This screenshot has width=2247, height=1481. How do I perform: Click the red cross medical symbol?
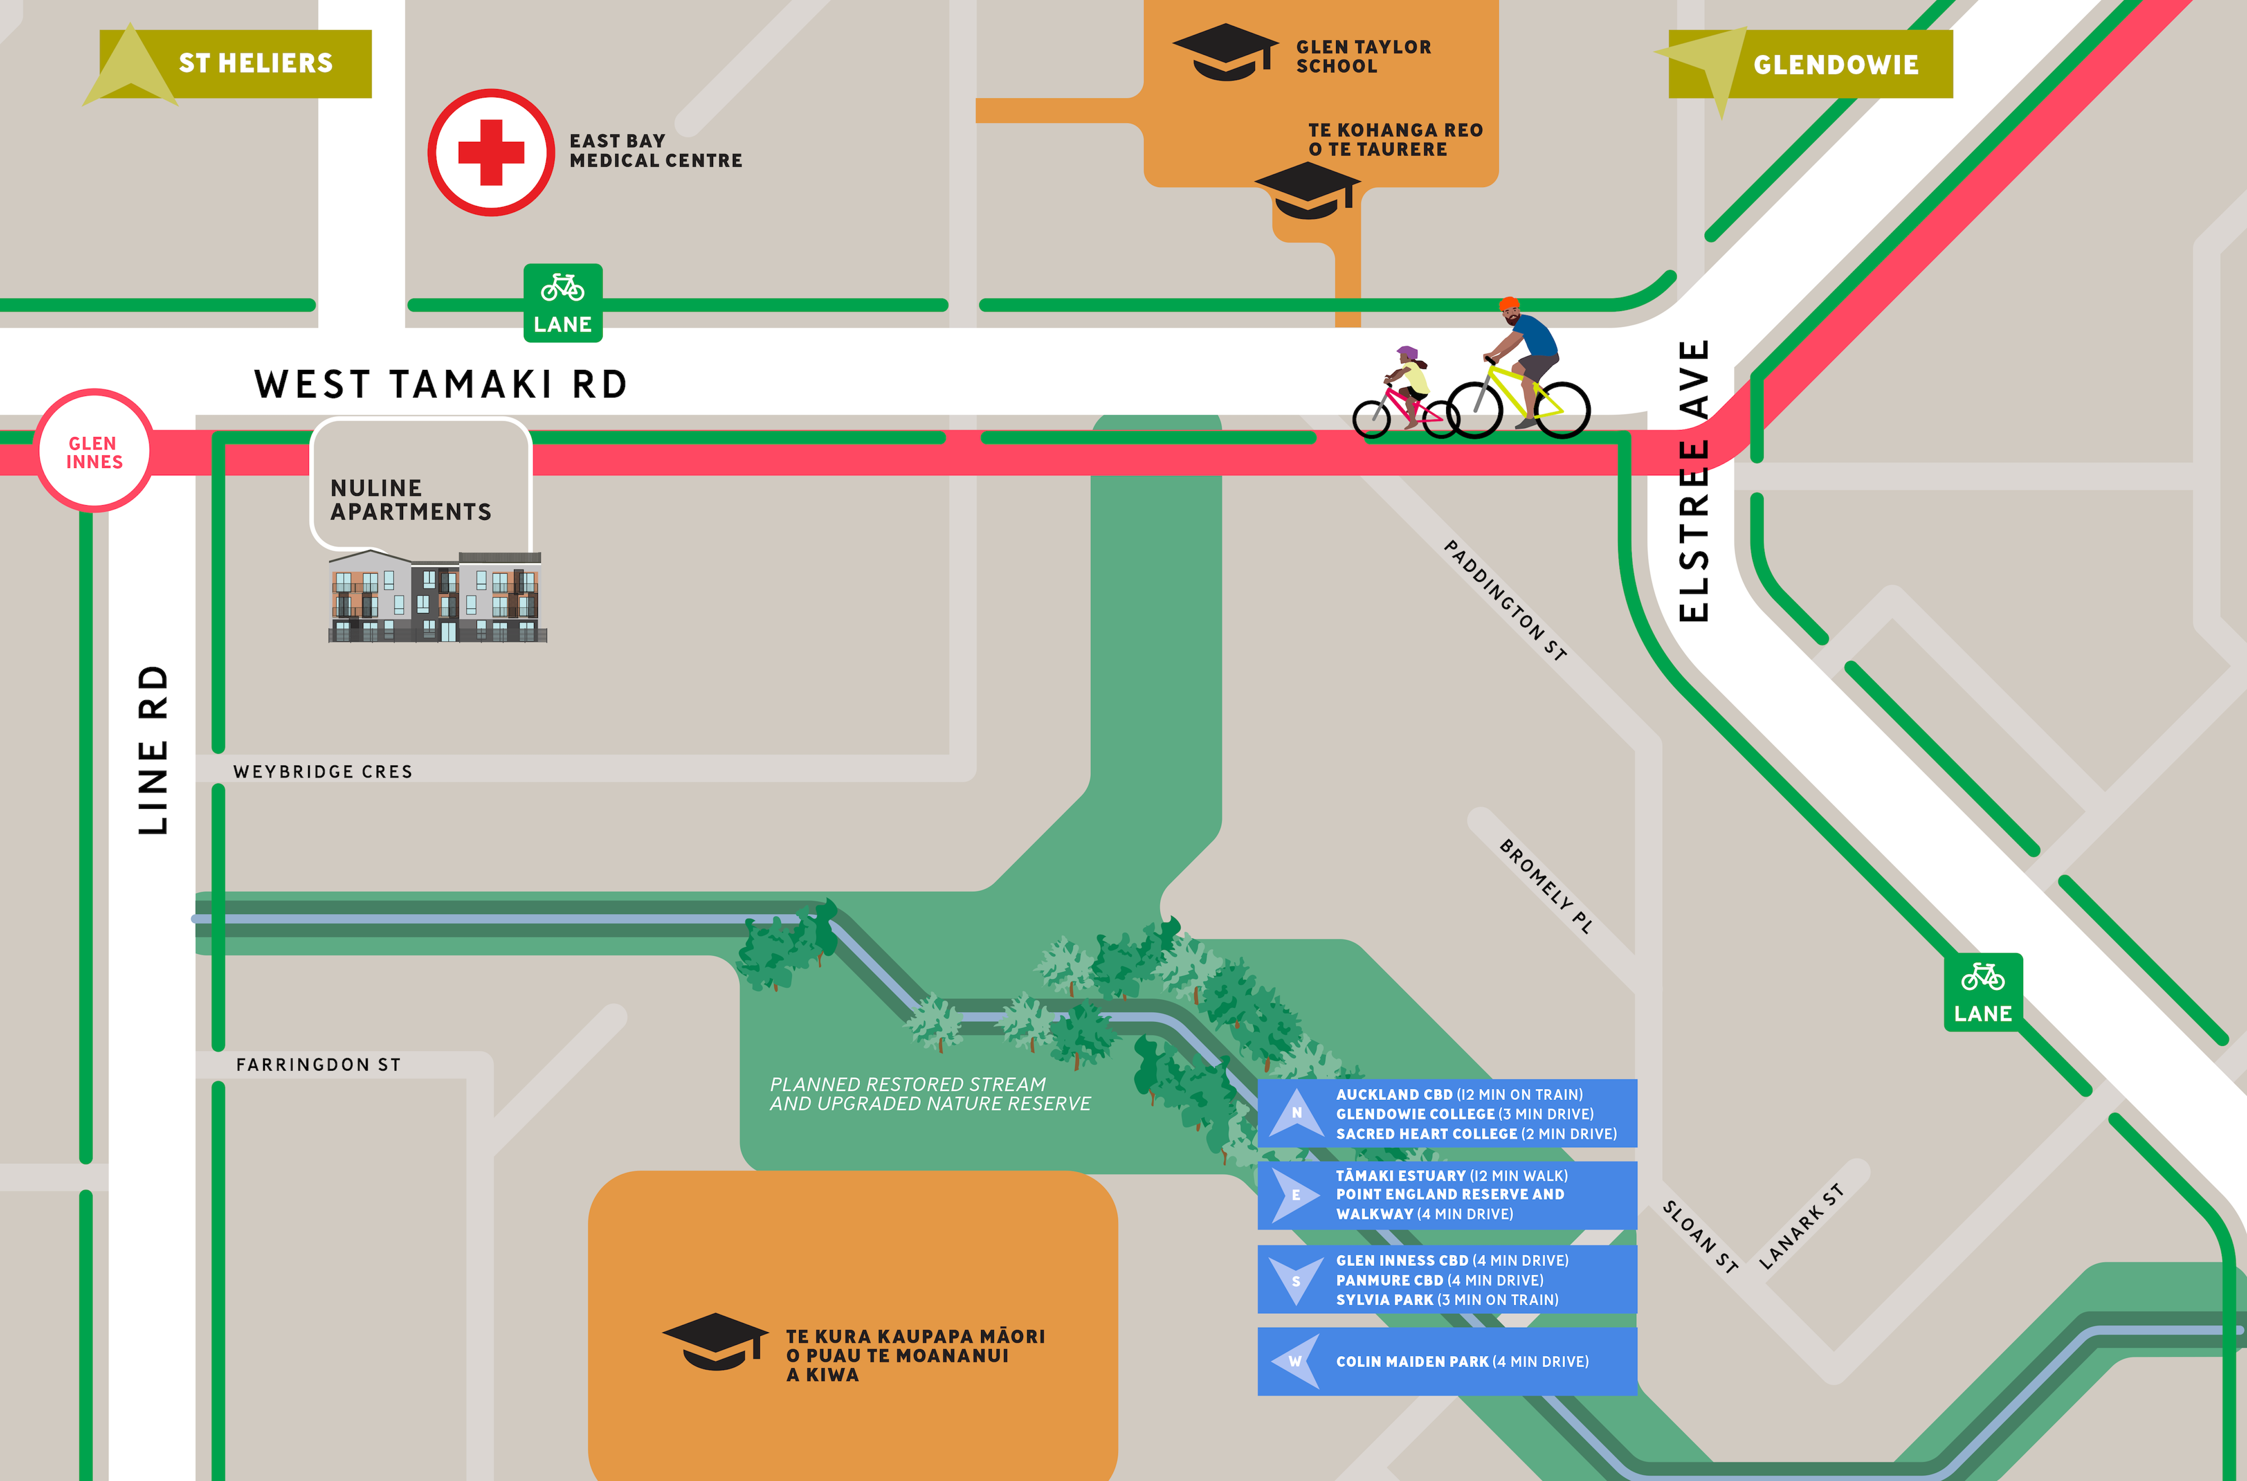pos(491,152)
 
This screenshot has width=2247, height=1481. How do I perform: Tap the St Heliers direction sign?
pos(236,63)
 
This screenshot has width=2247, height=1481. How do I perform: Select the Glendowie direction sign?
pos(1813,64)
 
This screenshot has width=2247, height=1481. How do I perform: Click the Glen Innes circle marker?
pos(93,451)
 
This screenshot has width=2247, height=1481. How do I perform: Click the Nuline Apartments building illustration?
pos(436,597)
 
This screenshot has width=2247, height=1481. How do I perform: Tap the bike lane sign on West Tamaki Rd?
pos(563,302)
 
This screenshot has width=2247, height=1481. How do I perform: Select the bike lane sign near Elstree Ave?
pos(1983,992)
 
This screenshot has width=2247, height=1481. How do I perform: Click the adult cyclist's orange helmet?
pos(1509,304)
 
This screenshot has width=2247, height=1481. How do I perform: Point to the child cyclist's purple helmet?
pos(1407,353)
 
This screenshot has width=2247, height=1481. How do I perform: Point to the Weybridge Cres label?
pos(323,772)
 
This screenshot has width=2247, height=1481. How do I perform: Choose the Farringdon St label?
pos(318,1064)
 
